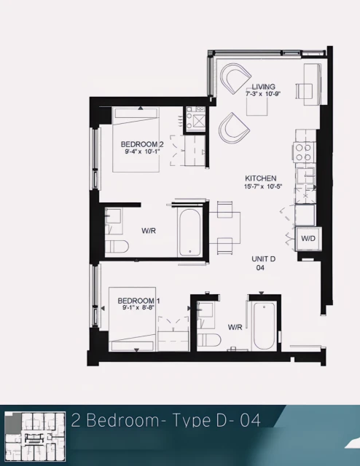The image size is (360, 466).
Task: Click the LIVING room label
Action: pyautogui.click(x=264, y=87)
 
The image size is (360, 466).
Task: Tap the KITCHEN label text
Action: pyautogui.click(x=259, y=178)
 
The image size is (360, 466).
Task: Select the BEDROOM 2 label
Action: pyautogui.click(x=141, y=144)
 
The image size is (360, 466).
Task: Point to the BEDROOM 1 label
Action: pyautogui.click(x=138, y=300)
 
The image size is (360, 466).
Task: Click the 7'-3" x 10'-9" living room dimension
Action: pyautogui.click(x=263, y=95)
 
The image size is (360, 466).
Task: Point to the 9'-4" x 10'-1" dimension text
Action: pyautogui.click(x=141, y=153)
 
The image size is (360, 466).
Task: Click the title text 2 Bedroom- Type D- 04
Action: pyautogui.click(x=165, y=419)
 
